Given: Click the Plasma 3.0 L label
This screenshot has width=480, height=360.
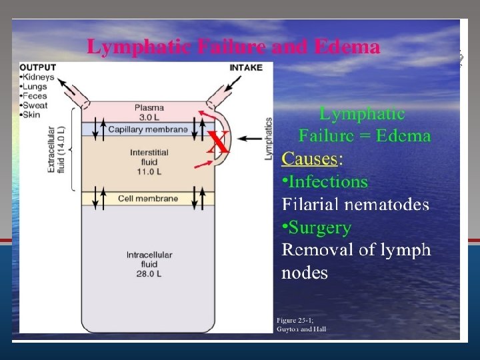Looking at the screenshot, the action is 149,112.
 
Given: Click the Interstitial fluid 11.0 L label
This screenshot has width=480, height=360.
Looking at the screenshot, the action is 149,161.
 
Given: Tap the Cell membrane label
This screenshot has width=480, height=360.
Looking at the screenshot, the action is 147,199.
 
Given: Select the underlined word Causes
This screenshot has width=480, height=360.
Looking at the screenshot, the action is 310,159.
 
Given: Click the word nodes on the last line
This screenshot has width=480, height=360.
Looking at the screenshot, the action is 305,273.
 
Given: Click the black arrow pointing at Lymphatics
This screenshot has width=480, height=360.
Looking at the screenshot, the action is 251,139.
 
